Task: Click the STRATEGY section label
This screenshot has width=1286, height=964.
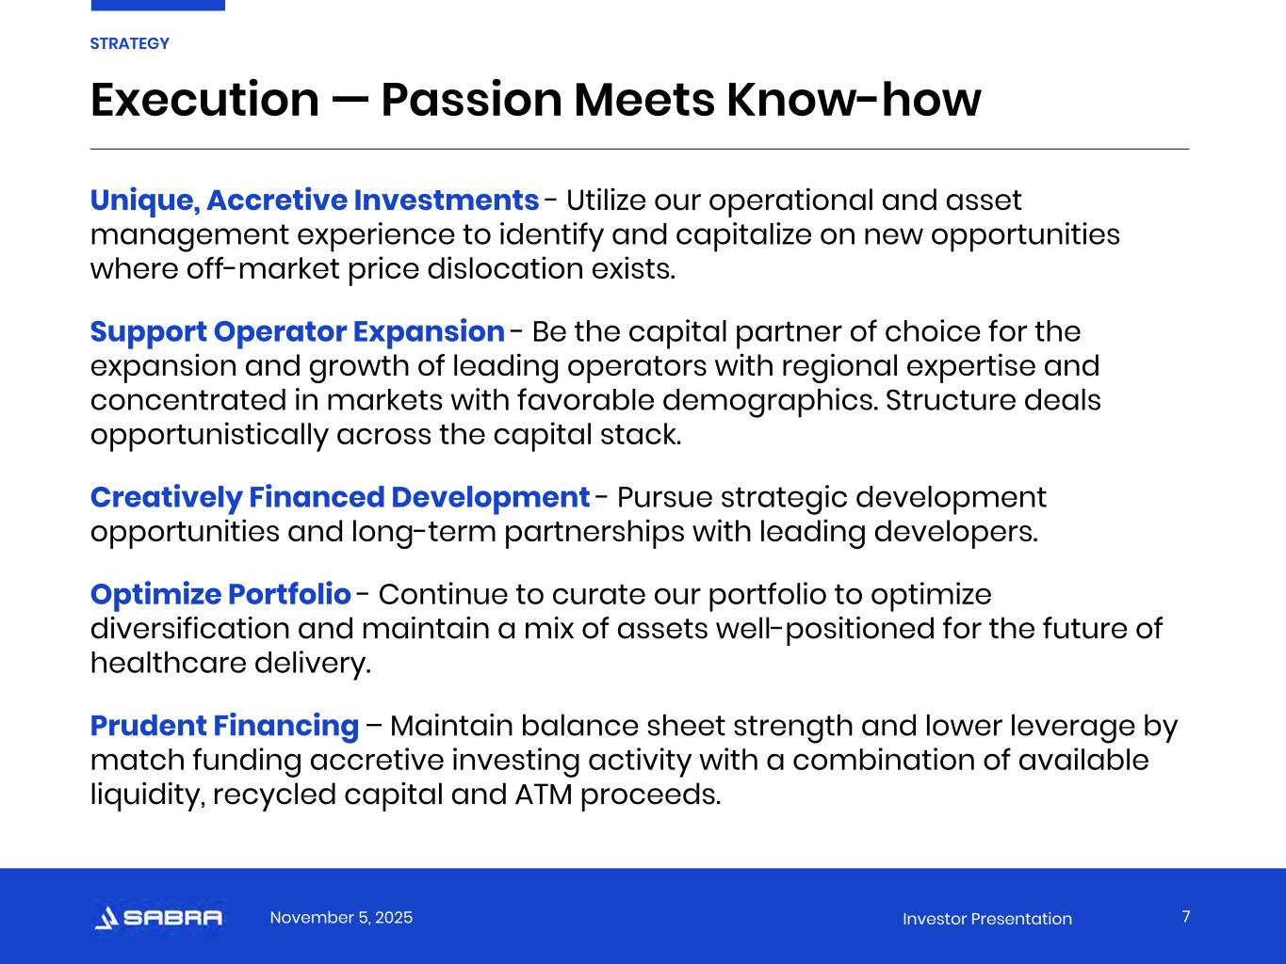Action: (129, 44)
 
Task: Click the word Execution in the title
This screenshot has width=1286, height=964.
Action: (205, 100)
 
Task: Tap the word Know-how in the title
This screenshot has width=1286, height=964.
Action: (854, 100)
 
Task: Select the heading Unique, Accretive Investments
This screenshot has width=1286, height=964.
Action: (315, 201)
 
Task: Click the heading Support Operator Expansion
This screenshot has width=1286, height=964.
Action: (298, 332)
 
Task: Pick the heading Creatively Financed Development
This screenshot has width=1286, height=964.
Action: (340, 498)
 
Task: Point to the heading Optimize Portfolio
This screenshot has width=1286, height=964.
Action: (220, 595)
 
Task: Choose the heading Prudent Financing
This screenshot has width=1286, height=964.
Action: (224, 727)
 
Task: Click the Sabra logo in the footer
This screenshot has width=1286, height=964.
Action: (158, 917)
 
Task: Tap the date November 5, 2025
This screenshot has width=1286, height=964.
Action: (341, 917)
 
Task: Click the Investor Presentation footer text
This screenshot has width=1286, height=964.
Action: (987, 919)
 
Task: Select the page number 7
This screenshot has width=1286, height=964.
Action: (1186, 916)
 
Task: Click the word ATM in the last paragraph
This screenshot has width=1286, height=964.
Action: (544, 795)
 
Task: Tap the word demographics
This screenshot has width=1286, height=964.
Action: (771, 401)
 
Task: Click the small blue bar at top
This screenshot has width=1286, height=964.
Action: (158, 6)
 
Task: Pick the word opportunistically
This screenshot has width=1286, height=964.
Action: (209, 436)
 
